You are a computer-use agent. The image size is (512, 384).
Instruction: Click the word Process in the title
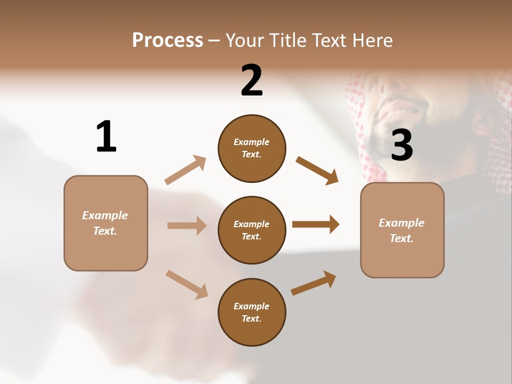(x=167, y=41)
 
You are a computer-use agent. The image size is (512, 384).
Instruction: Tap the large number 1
(x=106, y=137)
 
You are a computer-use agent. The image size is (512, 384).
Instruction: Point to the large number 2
(x=252, y=81)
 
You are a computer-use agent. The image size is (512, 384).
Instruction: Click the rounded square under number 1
(x=106, y=223)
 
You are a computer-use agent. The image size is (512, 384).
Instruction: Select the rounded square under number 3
(x=402, y=230)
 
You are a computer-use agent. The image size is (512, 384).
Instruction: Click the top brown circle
(x=252, y=148)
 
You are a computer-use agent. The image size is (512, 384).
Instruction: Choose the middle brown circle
(x=252, y=230)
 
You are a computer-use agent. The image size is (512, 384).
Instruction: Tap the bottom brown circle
(x=252, y=313)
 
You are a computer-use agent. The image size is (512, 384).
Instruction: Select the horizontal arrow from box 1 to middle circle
(x=187, y=226)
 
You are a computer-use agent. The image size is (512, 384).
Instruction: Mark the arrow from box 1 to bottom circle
(x=187, y=284)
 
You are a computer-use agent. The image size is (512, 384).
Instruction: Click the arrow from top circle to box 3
(x=317, y=170)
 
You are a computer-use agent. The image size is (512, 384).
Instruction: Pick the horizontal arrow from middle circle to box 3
(x=316, y=224)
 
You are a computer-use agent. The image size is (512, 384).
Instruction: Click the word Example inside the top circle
(x=252, y=142)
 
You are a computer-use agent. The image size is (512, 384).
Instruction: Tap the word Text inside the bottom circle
(x=251, y=319)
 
